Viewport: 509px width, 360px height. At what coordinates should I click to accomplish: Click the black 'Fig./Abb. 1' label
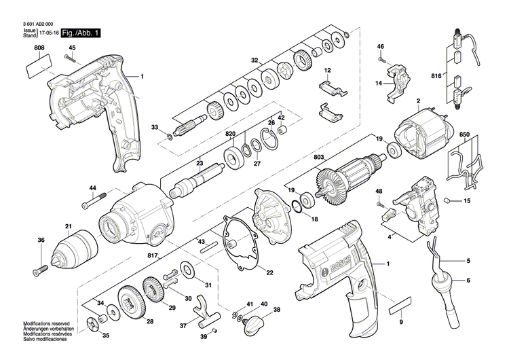(x=80, y=33)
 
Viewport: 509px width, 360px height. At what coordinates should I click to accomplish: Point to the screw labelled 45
(x=69, y=59)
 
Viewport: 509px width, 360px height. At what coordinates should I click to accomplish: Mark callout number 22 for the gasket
(x=269, y=273)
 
